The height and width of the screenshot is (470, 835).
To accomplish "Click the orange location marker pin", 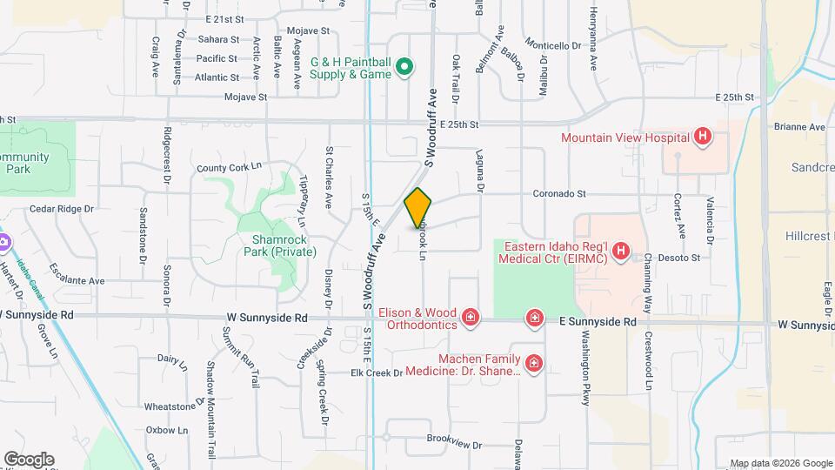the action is pos(418,208).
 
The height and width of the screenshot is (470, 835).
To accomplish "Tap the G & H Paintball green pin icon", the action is pos(404,67).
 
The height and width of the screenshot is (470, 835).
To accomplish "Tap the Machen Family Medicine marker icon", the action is pos(534,363).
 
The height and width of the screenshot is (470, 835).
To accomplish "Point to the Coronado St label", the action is pos(556,194).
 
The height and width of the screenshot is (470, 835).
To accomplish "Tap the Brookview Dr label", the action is pos(454,444).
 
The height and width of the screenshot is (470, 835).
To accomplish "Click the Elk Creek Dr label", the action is pos(377,373).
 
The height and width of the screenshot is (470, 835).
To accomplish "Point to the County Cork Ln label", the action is pos(229,167).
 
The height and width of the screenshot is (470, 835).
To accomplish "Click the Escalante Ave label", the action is pos(77,274).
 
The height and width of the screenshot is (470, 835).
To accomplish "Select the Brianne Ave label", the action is pos(800,127).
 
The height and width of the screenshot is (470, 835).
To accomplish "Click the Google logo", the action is pos(28,460).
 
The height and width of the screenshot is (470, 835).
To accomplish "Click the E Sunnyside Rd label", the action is pos(598,321).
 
